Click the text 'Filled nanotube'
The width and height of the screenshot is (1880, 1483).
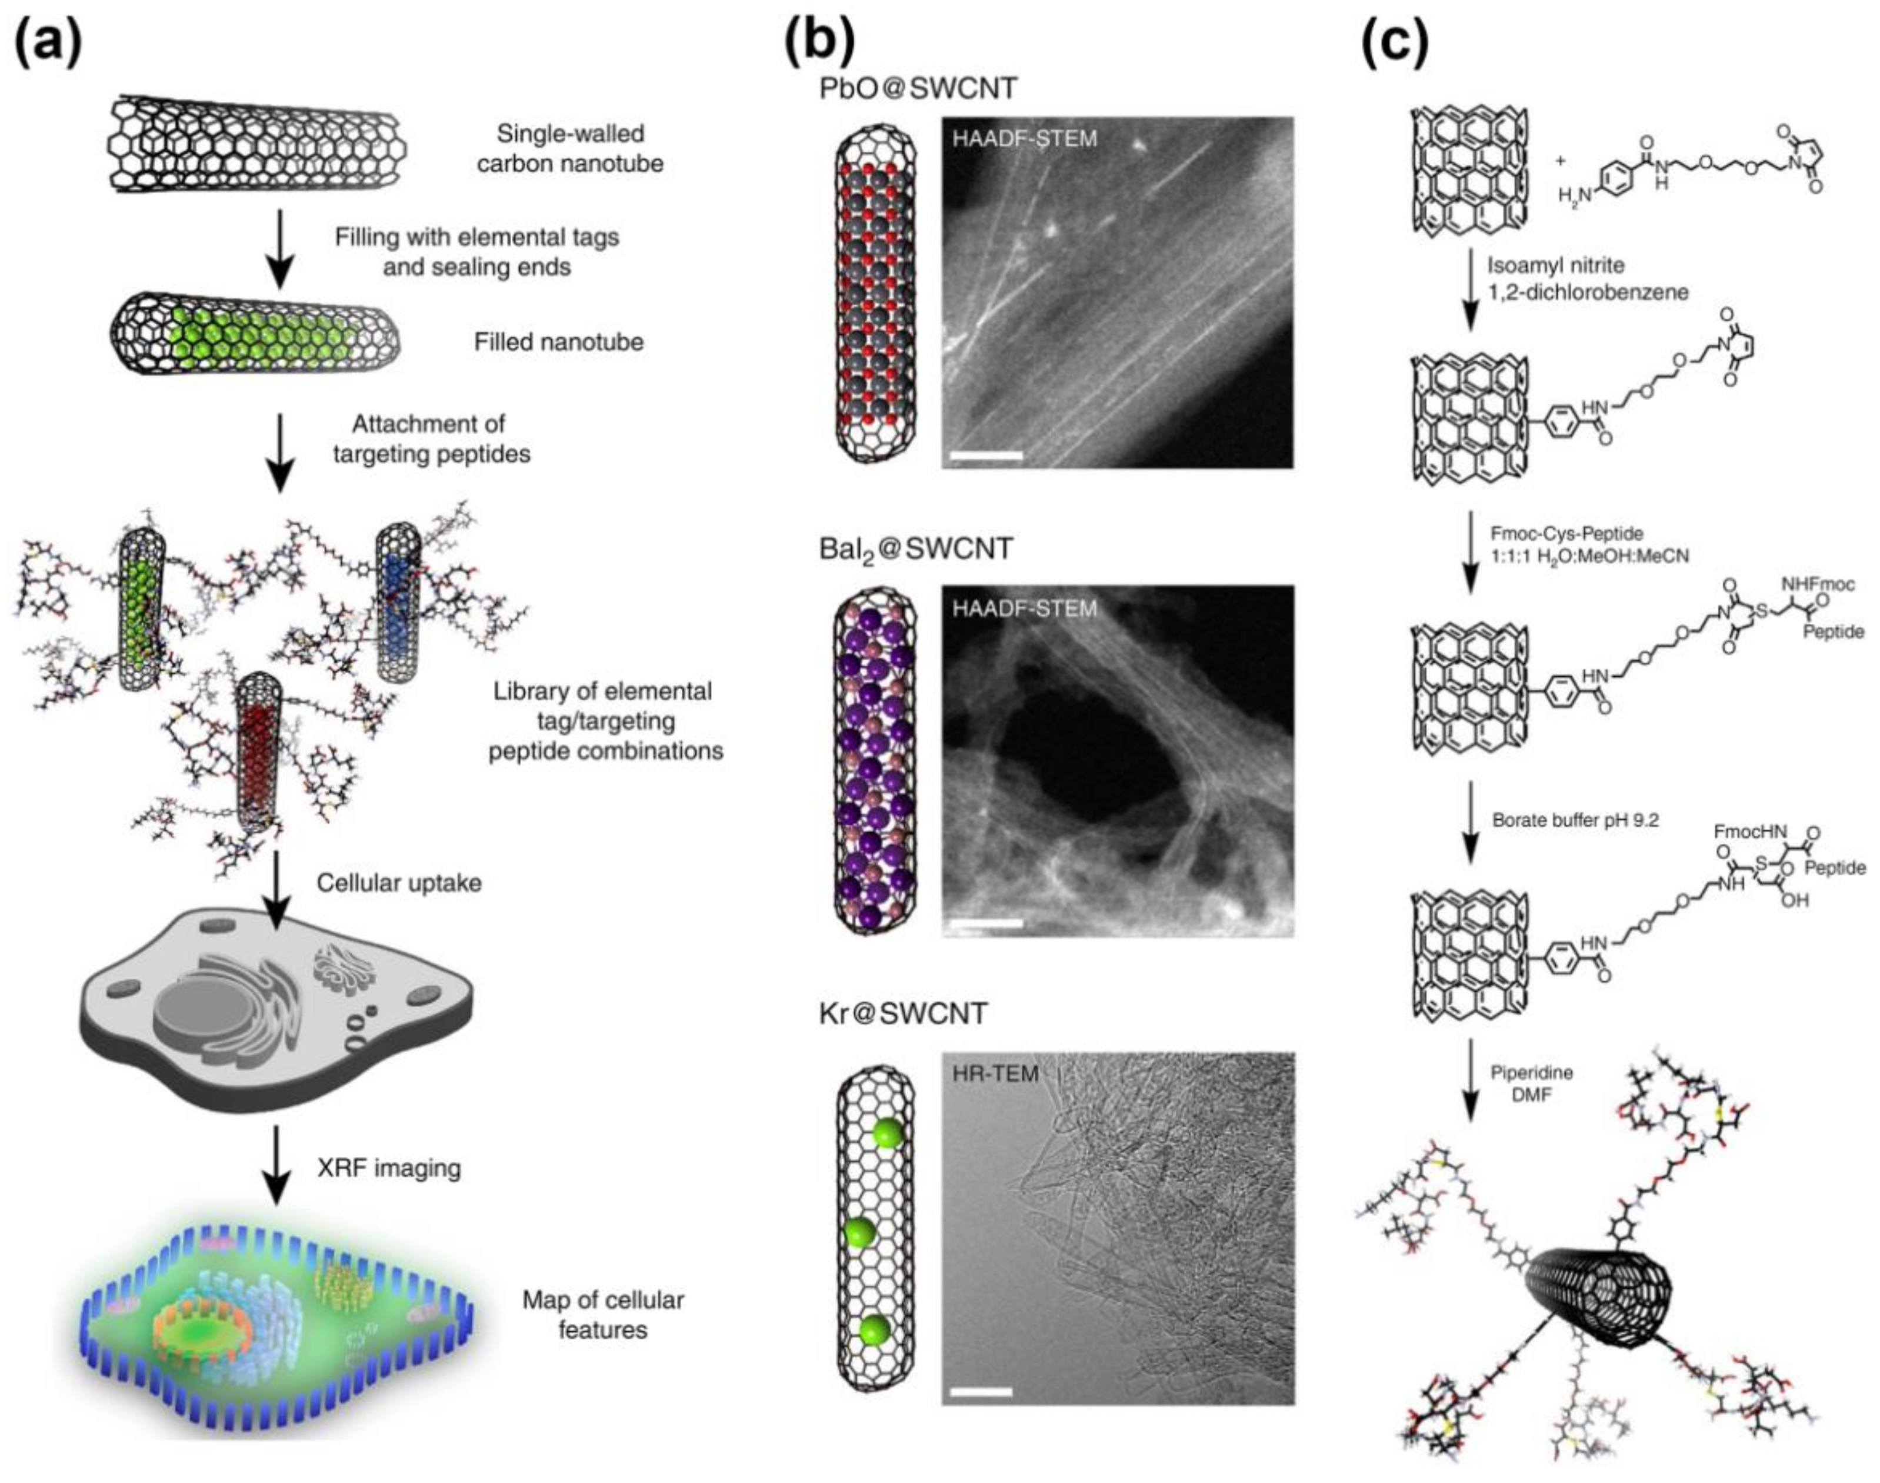(558, 342)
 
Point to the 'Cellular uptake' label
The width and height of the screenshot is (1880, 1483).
(398, 883)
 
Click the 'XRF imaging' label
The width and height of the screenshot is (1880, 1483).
(389, 1168)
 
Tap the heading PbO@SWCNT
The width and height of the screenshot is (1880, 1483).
(918, 88)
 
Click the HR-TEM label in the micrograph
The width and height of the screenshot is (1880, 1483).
(995, 1074)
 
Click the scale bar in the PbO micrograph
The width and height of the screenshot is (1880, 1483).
(986, 454)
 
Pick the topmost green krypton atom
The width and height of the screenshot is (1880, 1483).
(886, 1133)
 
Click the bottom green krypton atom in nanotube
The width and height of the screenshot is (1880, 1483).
(874, 1330)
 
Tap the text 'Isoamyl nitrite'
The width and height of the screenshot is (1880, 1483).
(1555, 265)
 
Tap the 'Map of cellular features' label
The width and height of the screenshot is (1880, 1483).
(602, 1315)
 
